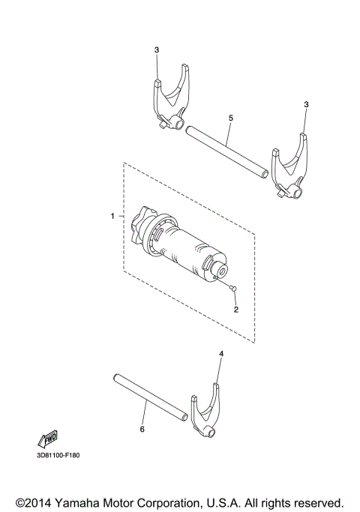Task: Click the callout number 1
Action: [112, 216]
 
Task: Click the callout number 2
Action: [235, 309]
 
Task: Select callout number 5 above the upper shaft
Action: [230, 118]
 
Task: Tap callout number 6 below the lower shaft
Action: [142, 430]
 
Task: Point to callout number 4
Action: [220, 353]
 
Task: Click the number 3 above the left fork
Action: [157, 50]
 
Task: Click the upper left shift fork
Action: [171, 101]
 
